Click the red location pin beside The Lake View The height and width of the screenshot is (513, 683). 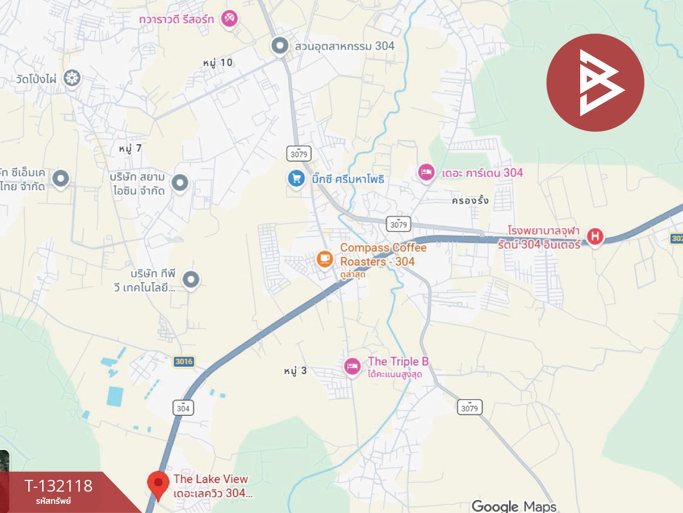pos(157,484)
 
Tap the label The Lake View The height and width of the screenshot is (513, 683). pos(211,479)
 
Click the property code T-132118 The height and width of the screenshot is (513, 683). pos(59,486)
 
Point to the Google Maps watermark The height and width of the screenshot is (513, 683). pos(514,506)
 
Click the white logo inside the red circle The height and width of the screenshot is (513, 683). pos(598,83)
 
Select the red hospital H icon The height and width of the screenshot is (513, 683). pos(594,236)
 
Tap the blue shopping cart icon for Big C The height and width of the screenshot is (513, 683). pos(296,178)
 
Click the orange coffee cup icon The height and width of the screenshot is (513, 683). pos(324,259)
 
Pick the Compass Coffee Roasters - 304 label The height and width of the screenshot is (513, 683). pos(383,254)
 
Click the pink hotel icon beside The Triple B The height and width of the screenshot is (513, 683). pos(352,366)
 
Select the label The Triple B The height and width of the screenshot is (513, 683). pos(398,362)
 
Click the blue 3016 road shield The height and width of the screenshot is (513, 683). pos(184,362)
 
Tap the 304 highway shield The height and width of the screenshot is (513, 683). pos(183,408)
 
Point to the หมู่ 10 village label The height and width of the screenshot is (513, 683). pos(218,63)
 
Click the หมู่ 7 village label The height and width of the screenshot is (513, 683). pos(130,149)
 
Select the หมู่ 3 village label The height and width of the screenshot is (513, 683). pos(295,371)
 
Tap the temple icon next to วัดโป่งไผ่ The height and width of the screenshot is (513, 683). pos(72,78)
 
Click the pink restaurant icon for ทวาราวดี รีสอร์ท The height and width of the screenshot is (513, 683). pos(229,18)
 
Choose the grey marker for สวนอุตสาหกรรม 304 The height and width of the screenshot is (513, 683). pos(280,45)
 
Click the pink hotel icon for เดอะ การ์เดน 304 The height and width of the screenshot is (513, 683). pos(426,173)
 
